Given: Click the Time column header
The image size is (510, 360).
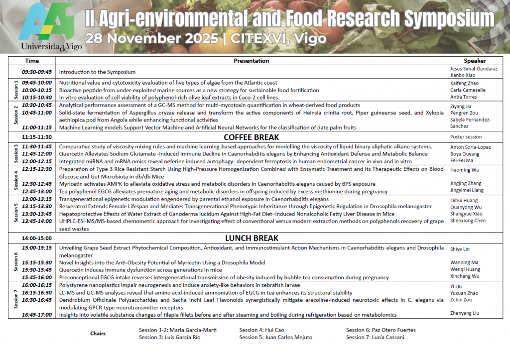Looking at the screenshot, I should click(32, 61).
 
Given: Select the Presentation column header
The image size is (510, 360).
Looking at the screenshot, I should click(251, 61).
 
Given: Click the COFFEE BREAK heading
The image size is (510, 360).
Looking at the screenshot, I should click(251, 137).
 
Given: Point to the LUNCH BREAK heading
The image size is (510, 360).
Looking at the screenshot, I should click(251, 238).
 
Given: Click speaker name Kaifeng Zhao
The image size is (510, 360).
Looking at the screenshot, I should click(464, 83).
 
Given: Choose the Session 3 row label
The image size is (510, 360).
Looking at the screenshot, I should click(16, 154).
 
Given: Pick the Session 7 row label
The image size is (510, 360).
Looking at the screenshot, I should click(16, 300).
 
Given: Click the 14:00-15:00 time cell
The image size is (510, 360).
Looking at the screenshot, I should click(37, 239).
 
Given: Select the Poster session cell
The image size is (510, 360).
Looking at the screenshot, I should click(466, 137).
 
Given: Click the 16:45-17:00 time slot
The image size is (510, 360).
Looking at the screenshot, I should click(37, 315).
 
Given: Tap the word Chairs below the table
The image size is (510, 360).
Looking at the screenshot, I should click(98, 334).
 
